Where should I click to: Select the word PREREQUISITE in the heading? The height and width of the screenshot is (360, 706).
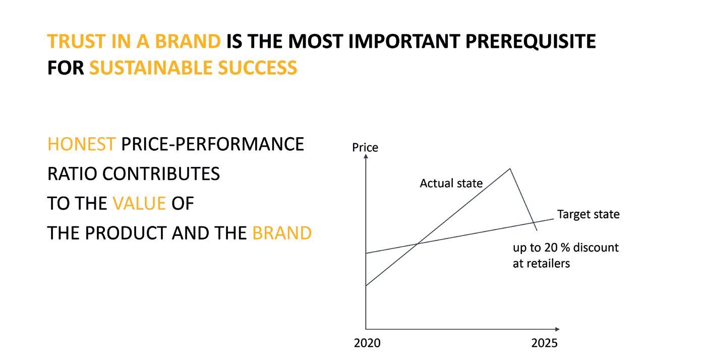point(531,42)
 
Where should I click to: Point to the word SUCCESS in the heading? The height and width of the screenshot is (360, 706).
point(258,68)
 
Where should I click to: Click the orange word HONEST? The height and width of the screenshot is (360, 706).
point(81,144)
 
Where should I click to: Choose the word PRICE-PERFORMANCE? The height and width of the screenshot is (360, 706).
point(212,144)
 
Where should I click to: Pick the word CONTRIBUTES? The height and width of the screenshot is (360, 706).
point(161,173)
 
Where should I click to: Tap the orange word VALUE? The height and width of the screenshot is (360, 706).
point(139,203)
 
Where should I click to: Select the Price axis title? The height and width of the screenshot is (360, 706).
point(365,148)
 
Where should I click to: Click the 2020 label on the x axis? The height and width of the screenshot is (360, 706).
point(367,343)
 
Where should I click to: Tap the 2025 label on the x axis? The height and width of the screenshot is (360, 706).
point(544,343)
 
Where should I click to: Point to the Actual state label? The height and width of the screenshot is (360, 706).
point(451,184)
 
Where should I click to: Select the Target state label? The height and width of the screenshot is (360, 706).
point(588,214)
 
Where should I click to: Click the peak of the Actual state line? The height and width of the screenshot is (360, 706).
point(510,169)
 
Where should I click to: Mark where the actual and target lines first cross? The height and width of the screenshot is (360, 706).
point(418,244)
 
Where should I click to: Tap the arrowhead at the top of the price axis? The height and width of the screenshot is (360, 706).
point(366,156)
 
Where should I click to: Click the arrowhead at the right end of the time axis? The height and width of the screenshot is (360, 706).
point(557,329)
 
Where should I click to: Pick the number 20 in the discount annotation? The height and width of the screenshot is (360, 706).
point(551,248)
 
